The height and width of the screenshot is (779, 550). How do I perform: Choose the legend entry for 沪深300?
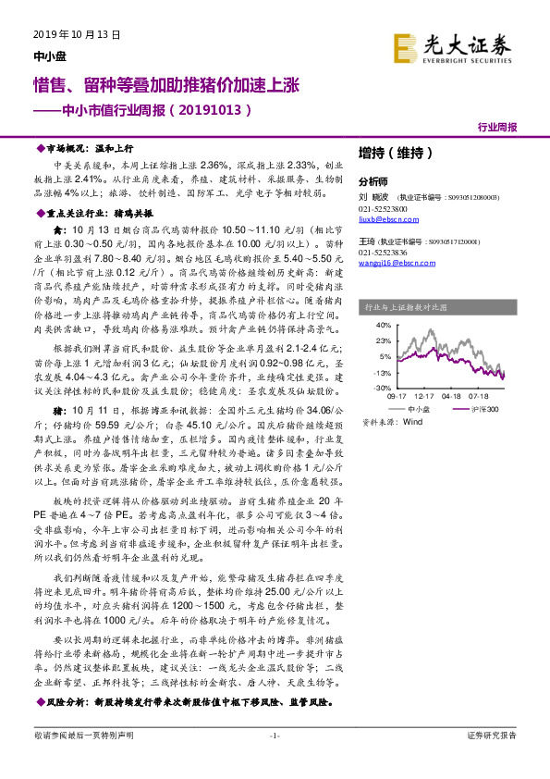(x=483, y=407)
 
